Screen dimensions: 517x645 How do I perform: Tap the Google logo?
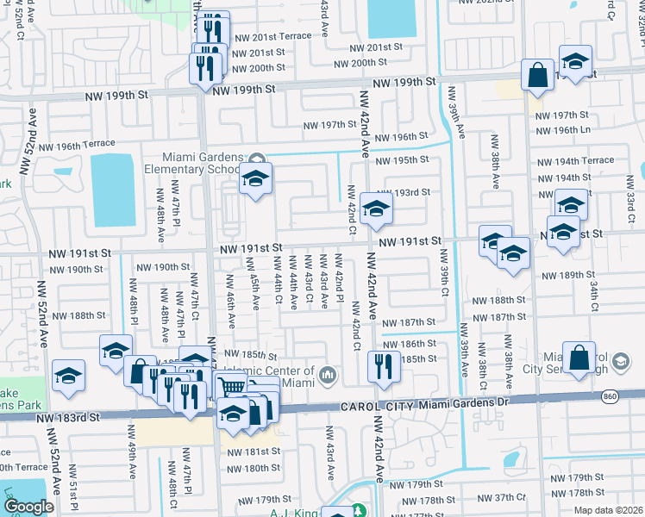[x=28, y=507]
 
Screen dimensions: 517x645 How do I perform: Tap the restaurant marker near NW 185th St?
[x=380, y=366]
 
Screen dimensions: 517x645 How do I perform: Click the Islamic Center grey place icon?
[x=328, y=375]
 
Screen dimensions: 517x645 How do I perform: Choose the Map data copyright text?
[x=607, y=510]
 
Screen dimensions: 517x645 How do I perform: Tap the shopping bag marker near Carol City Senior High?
[x=578, y=356]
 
